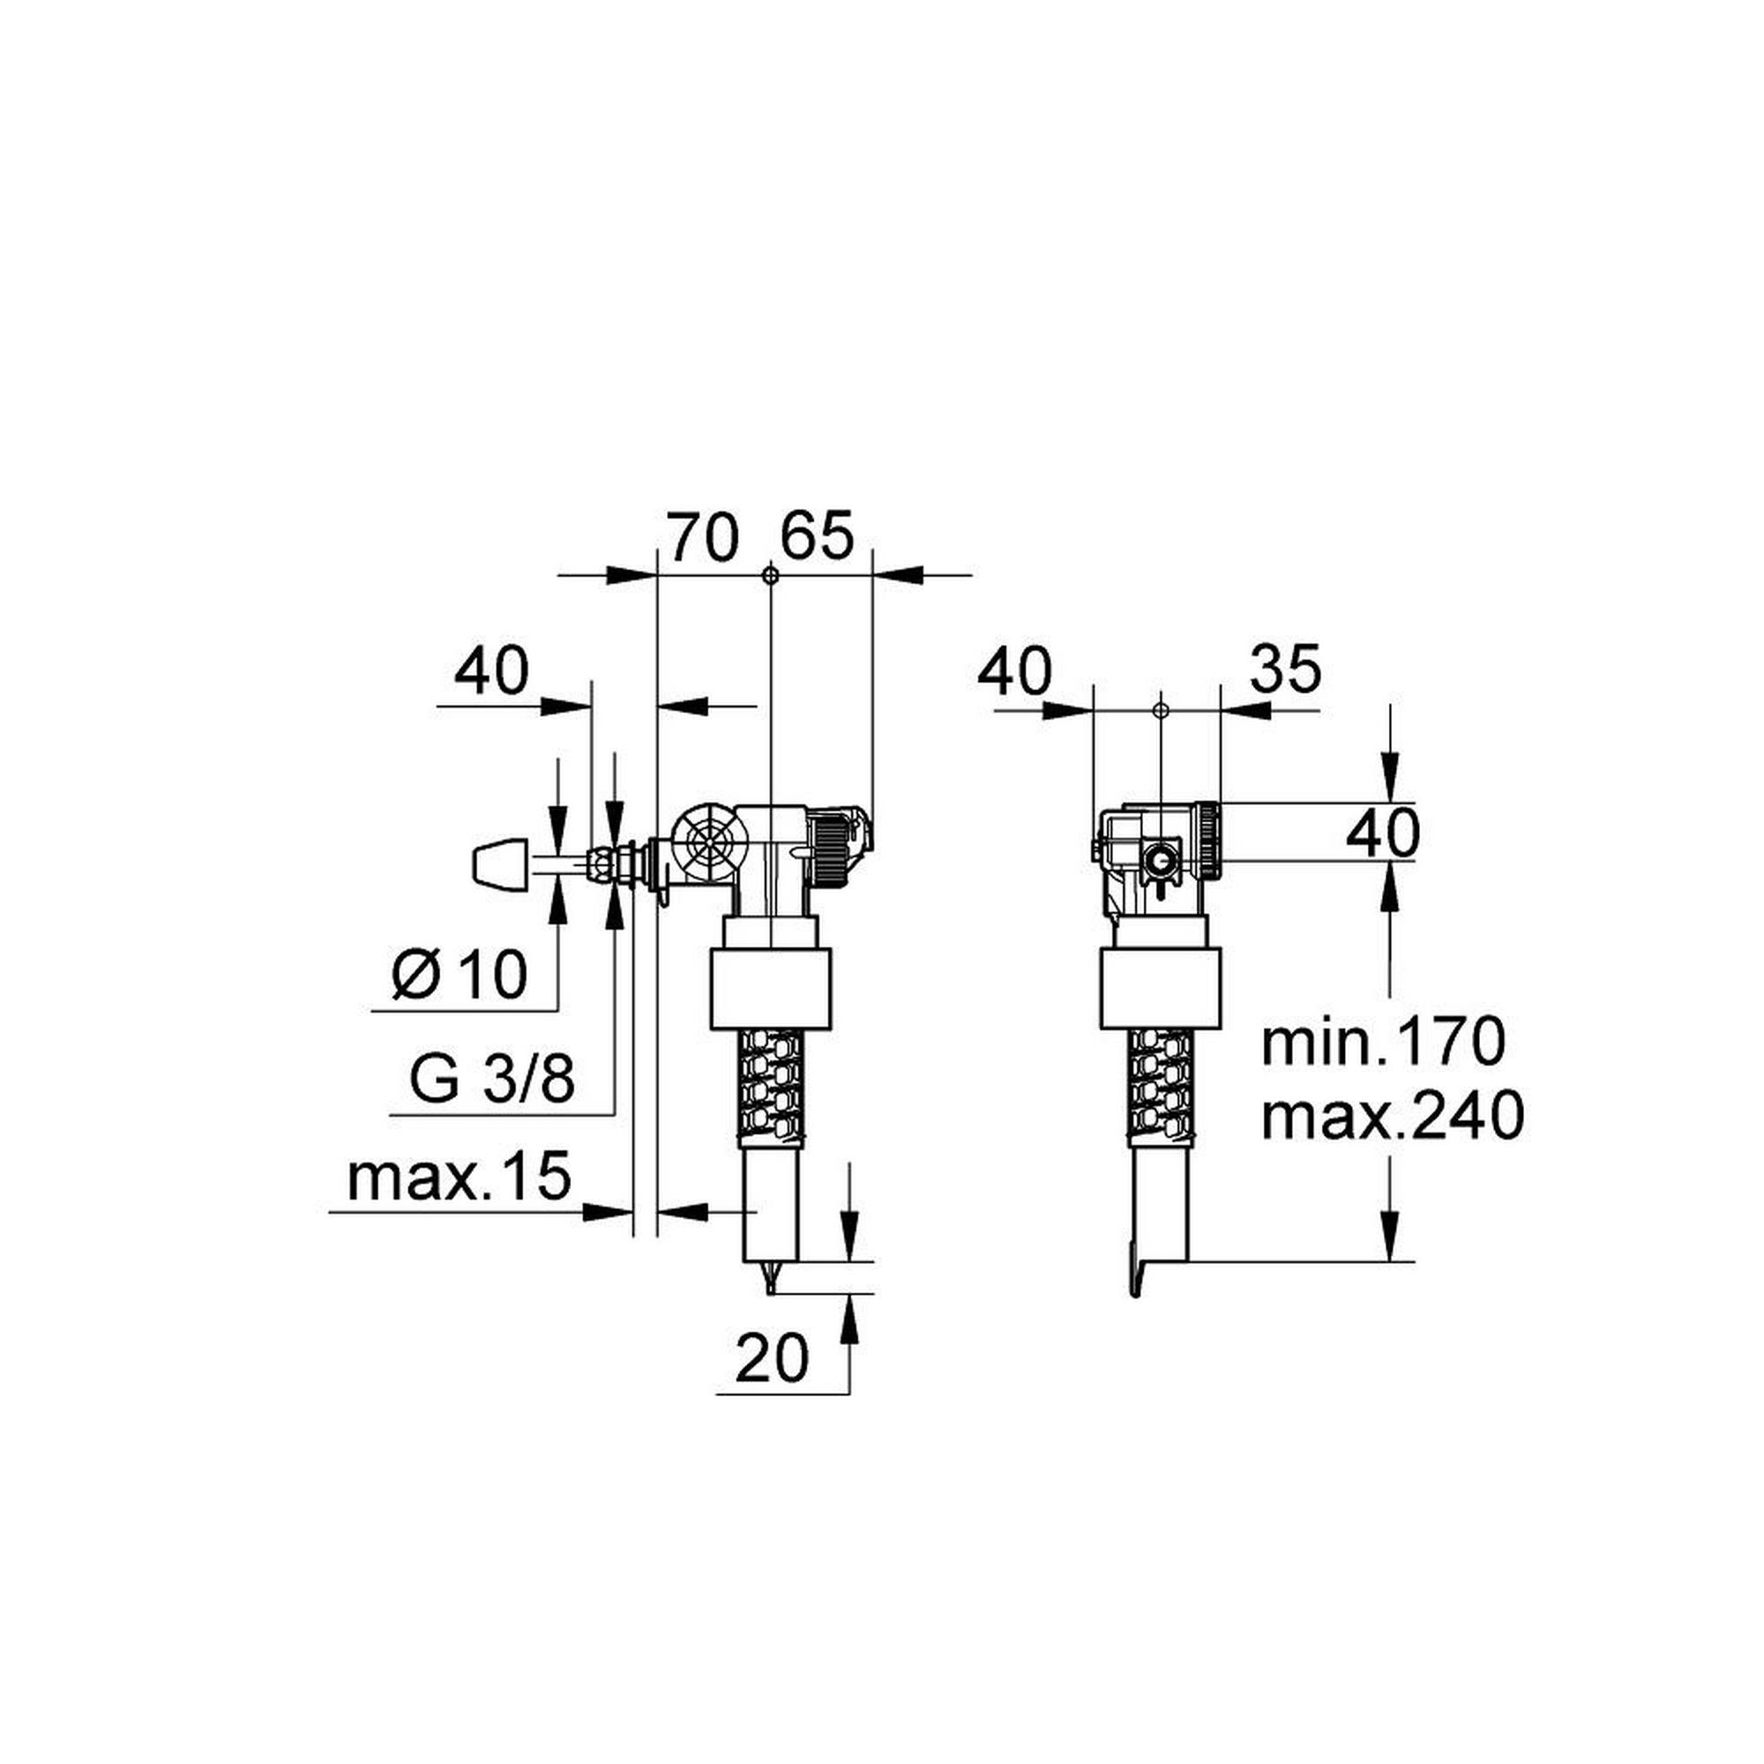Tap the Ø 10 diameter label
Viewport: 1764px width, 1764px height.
click(460, 975)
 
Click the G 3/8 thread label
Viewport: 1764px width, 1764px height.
click(492, 1081)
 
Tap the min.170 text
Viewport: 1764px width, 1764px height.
click(1381, 1043)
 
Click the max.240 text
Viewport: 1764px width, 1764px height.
click(1392, 1116)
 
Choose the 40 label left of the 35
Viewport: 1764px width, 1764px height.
click(1014, 673)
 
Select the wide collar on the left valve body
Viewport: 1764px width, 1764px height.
click(771, 990)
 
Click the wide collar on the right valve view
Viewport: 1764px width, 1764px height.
click(1160, 990)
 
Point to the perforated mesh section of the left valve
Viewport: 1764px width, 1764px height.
click(772, 1086)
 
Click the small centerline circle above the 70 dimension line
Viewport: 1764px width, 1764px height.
click(771, 575)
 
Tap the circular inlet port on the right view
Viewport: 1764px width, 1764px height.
click(1161, 860)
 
